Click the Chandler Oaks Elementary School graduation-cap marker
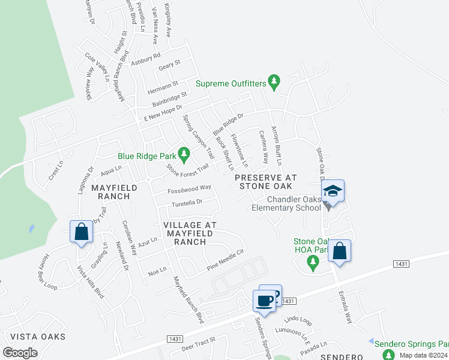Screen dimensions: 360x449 click(x=333, y=191)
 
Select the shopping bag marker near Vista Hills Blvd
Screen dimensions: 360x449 click(x=81, y=231)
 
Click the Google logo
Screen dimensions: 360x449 click(x=20, y=353)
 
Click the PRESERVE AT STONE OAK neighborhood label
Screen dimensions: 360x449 click(x=265, y=182)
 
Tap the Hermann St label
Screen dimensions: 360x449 click(x=163, y=85)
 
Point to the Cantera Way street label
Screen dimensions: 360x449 click(x=262, y=147)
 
